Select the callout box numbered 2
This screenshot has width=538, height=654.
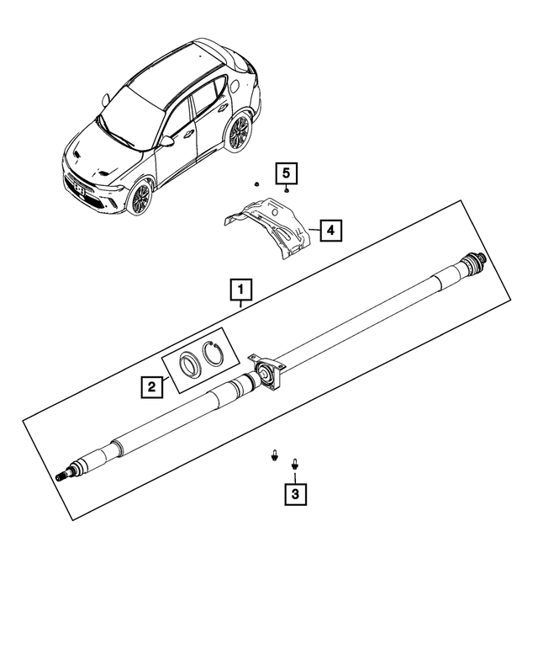(151, 386)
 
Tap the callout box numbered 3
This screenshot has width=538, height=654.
(294, 495)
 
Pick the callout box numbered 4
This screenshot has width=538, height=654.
(330, 229)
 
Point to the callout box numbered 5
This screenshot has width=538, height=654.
(286, 174)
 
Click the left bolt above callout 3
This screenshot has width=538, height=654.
(275, 455)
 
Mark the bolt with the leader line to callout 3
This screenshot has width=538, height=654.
(294, 462)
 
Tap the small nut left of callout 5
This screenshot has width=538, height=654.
(255, 182)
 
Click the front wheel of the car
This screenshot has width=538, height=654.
(140, 198)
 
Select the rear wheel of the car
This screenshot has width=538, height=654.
(239, 132)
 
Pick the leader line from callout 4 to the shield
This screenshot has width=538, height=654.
(314, 229)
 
